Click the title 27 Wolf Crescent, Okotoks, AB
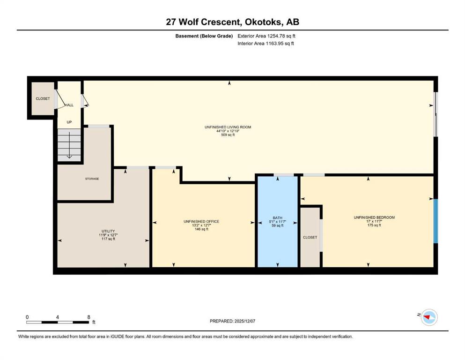pos(232,22)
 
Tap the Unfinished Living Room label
pos(228,127)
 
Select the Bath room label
pos(278,218)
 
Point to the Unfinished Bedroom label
pos(374,217)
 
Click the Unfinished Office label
pos(201,221)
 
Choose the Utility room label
pos(108,231)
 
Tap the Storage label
pos(92,179)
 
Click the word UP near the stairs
pos(69,122)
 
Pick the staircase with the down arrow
pos(69,145)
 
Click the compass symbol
pos(429,317)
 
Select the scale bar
pos(58,322)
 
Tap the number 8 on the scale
pos(89,317)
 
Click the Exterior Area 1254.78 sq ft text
pos(266,36)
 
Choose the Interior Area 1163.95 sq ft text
pos(266,43)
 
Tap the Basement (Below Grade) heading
pos(204,36)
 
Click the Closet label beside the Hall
pos(43,98)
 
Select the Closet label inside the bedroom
pos(310,238)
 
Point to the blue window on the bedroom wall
pos(435,221)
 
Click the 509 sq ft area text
pos(228,135)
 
